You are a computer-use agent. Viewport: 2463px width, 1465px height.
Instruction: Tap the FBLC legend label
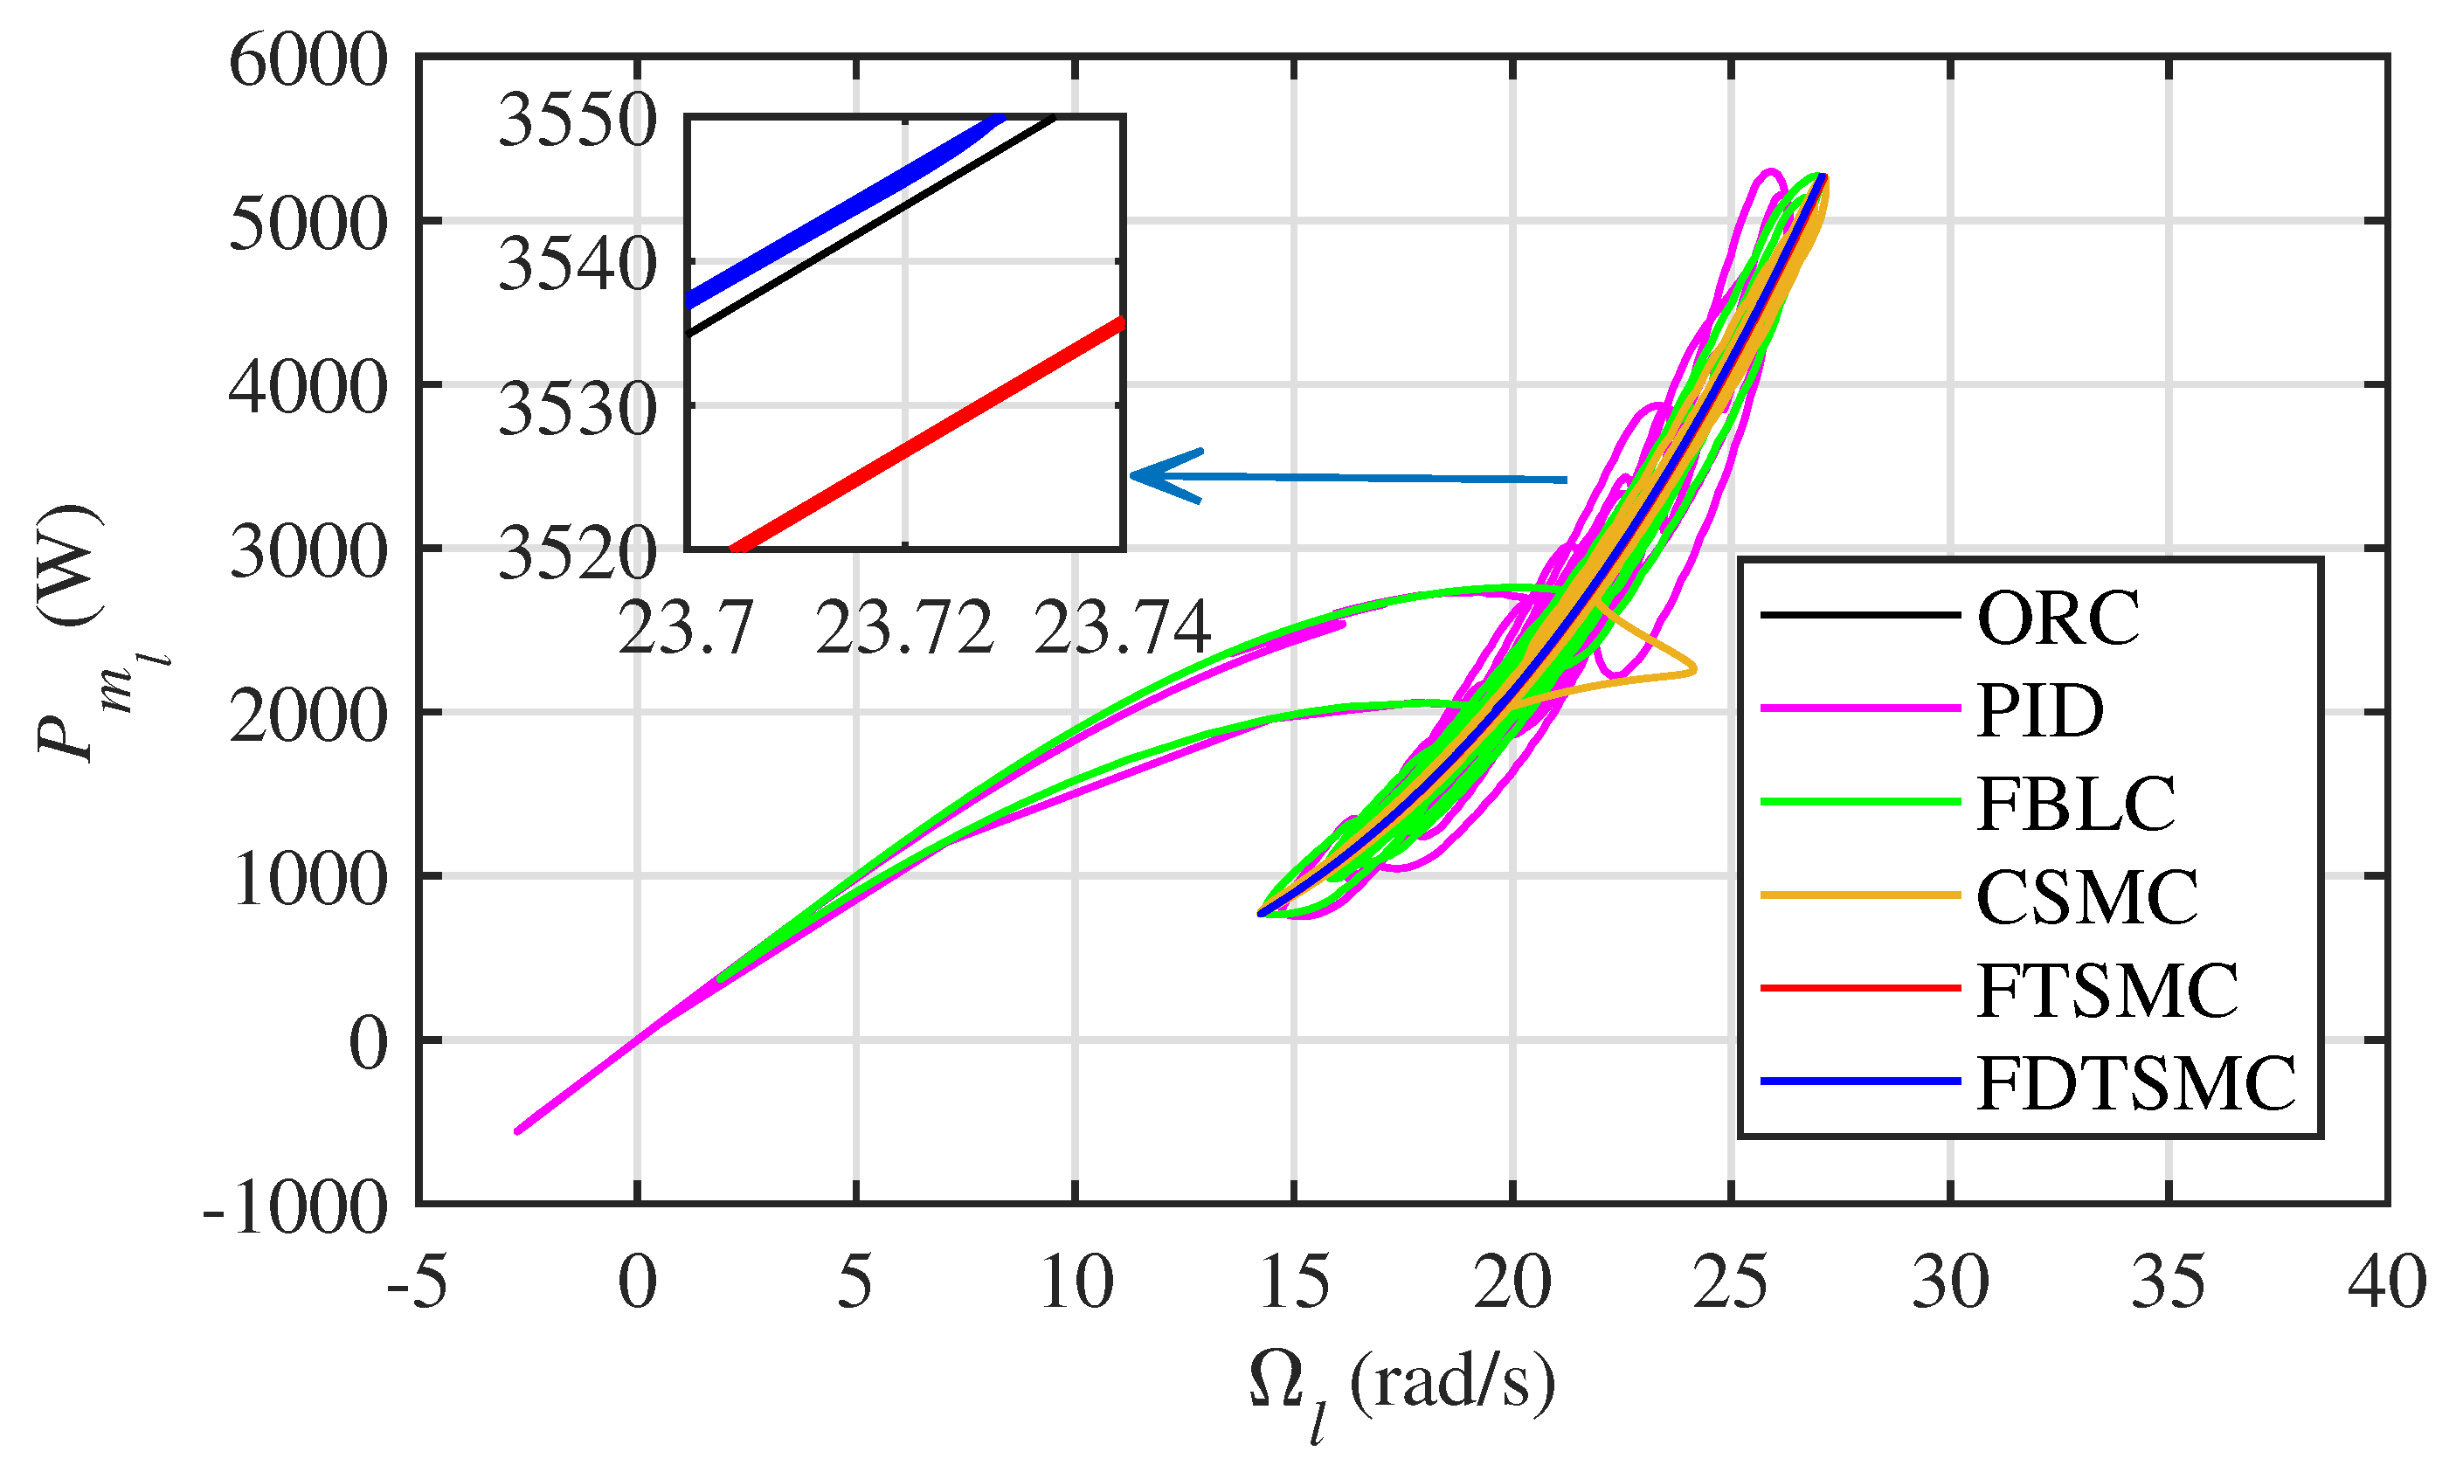[2076, 804]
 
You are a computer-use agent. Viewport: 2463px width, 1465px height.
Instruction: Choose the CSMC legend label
[2087, 896]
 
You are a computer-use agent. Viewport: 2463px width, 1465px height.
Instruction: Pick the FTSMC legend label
[2107, 990]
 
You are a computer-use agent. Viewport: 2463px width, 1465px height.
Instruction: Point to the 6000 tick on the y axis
[308, 61]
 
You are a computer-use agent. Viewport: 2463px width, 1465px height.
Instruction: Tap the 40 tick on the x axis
[2386, 1283]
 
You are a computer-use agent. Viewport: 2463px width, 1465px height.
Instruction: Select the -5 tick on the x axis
[417, 1283]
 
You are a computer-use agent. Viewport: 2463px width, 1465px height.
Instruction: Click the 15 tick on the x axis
[1293, 1283]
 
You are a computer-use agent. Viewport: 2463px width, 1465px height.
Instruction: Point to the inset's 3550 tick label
[577, 121]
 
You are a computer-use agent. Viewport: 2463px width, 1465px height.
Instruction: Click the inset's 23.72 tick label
[904, 629]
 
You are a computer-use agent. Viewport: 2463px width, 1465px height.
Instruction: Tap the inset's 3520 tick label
[577, 554]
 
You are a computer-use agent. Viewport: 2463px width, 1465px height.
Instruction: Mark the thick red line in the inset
[928, 434]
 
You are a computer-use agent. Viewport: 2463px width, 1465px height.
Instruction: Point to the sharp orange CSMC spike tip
[1694, 669]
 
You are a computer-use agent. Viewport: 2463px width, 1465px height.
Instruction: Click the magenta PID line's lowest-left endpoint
[517, 1131]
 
